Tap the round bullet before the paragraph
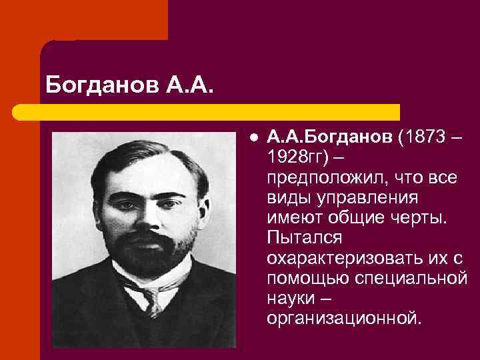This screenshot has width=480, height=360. coord(254,137)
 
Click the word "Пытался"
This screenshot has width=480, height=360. coord(304,238)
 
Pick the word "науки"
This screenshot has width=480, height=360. coord(290,298)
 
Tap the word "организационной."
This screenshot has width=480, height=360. coord(344,318)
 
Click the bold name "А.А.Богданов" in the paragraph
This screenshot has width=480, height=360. coord(330,137)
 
